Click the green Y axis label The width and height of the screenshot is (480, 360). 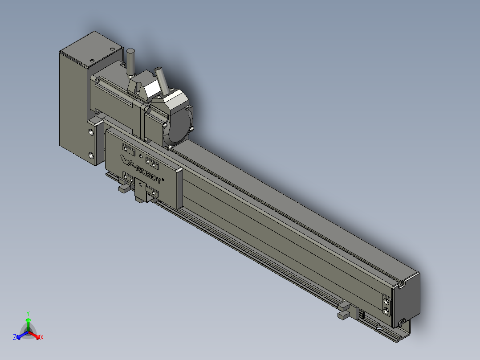pos(28,313)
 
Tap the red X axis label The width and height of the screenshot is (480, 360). pos(42,337)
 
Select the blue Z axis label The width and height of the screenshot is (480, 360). pos(15,337)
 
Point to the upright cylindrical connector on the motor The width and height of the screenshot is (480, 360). pos(131,62)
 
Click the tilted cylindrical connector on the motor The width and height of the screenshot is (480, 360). pos(162,81)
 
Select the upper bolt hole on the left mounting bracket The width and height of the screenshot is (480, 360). pos(92,132)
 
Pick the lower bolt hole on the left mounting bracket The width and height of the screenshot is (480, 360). pos(92,155)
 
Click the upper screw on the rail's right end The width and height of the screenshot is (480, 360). pos(386,301)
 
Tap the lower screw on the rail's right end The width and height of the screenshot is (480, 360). pos(386,311)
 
